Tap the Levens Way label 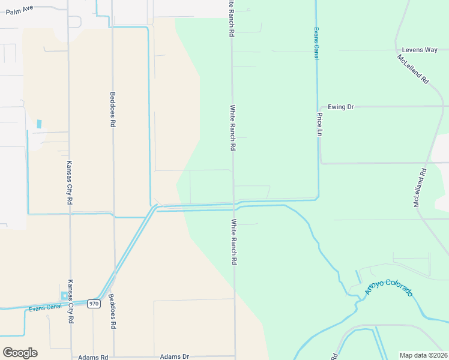(420, 50)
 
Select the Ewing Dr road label (341, 107)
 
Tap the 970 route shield (94, 304)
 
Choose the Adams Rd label (92, 356)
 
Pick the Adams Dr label (174, 356)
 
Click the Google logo (20, 353)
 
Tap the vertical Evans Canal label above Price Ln (316, 43)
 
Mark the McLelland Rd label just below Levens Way (412, 69)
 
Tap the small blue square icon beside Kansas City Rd (64, 296)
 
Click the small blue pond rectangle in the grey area (40, 124)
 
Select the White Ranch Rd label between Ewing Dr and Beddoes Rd (233, 128)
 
